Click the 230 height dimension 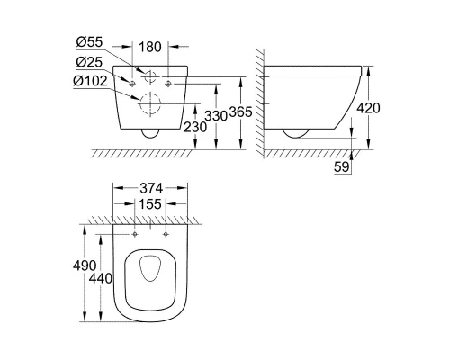(196, 129)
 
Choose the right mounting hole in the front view (167, 84)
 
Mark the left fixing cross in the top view (135, 234)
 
